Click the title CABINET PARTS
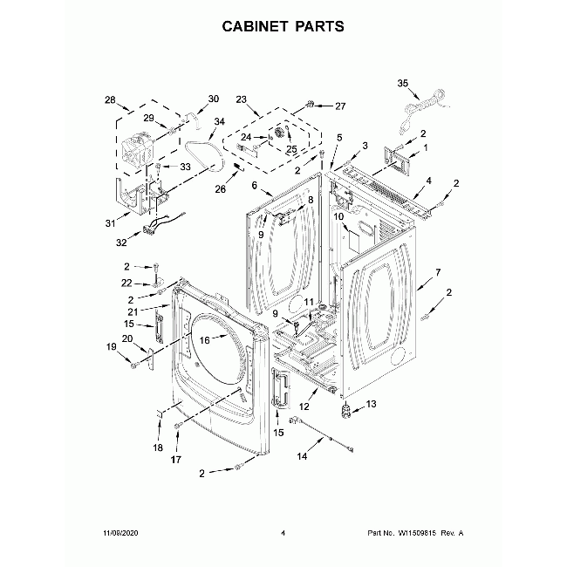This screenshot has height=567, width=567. point(283,25)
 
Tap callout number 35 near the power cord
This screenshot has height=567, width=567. point(402,84)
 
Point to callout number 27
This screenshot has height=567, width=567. point(340,106)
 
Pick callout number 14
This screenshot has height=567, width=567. point(303,455)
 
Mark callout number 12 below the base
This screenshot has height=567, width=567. point(305,406)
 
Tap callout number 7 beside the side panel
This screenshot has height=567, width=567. point(438,273)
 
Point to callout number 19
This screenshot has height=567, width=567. point(111,347)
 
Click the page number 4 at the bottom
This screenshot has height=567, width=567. point(283,532)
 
